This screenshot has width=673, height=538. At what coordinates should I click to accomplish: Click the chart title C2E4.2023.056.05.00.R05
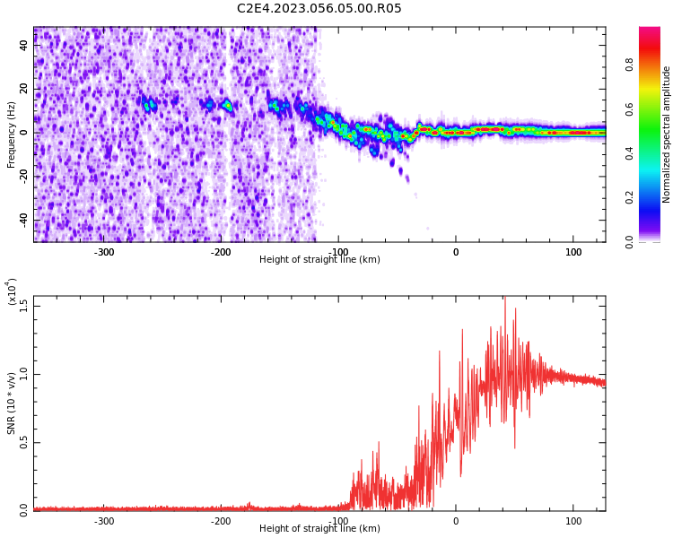(319, 9)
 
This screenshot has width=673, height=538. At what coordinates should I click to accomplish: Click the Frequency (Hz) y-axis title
(12, 134)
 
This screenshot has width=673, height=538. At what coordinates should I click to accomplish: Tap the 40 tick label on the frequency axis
(24, 45)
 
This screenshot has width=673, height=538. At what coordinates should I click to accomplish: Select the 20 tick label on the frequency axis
(24, 89)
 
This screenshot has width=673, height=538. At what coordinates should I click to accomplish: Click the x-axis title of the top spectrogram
(319, 260)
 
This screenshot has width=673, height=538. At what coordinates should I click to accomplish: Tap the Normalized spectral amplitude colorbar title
(667, 134)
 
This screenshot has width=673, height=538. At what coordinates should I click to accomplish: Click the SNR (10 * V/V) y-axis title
(12, 403)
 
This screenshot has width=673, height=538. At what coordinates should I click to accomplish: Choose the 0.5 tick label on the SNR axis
(24, 442)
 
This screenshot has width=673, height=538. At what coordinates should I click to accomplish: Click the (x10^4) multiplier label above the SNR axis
(11, 291)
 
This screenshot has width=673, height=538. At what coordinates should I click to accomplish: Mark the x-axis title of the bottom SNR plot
(319, 529)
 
